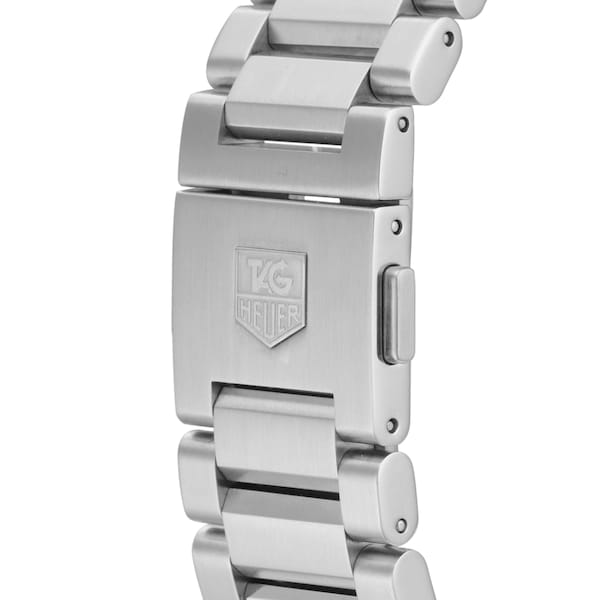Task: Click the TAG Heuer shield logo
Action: (270, 296)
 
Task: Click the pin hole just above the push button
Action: (397, 227)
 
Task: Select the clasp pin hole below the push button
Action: (392, 426)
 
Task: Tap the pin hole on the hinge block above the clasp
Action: (402, 125)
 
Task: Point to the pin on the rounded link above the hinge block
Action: (447, 39)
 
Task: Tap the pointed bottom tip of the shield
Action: (269, 345)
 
